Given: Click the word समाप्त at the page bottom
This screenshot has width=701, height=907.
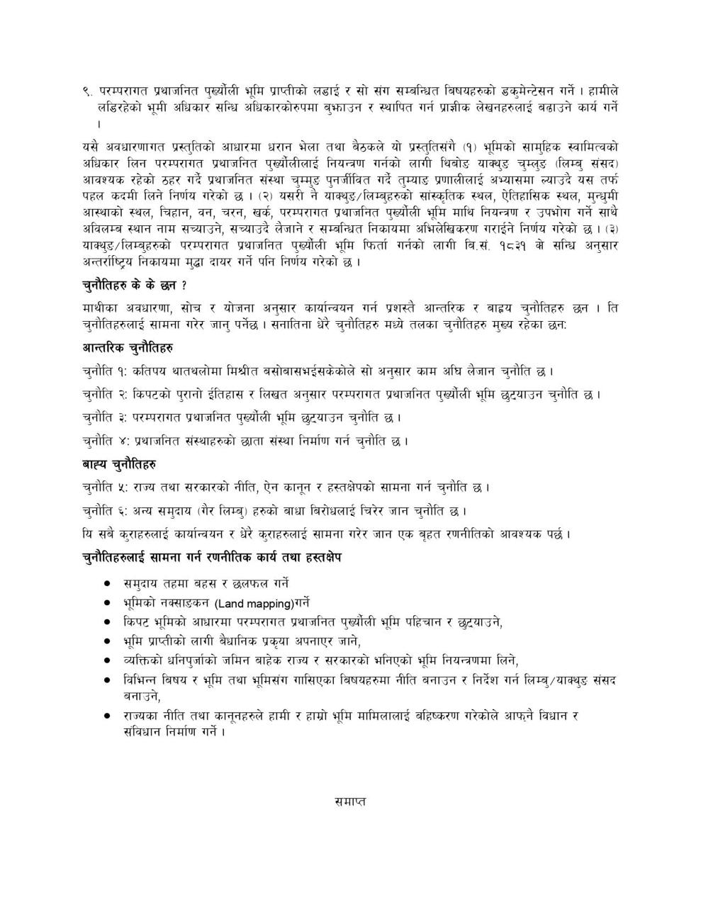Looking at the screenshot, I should [349, 802].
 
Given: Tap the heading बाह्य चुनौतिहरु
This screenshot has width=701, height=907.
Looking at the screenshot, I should [119, 464].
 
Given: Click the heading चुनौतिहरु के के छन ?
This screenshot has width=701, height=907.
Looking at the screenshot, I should [134, 286].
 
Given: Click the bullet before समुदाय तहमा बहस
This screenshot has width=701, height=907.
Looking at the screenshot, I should [107, 584].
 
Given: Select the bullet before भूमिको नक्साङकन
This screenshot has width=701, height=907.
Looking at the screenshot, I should [107, 604].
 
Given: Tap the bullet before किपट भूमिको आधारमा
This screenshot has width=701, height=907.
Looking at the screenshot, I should [107, 622].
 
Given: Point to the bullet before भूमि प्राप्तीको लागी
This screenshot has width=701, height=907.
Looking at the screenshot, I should [107, 641].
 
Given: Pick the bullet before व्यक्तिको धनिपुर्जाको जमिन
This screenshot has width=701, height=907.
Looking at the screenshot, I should [107, 660].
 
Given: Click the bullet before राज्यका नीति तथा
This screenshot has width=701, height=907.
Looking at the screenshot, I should [107, 716].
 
